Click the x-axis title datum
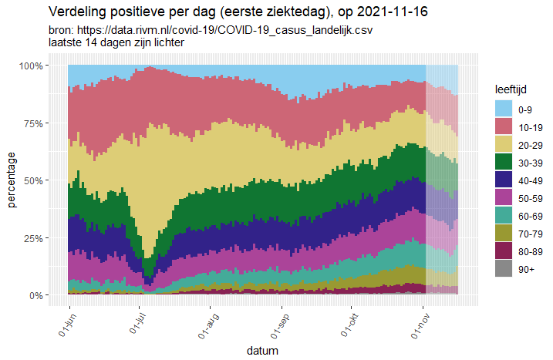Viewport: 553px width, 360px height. [263, 351]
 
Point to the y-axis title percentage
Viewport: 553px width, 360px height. [12, 180]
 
